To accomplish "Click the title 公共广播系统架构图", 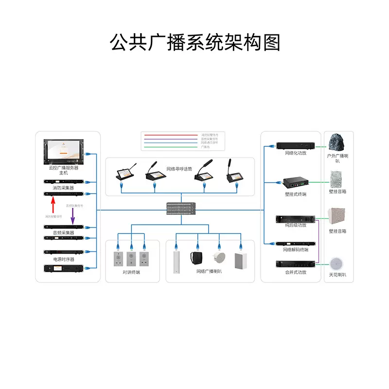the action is (194, 43).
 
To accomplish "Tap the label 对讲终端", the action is (131, 272).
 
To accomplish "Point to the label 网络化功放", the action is (295, 153).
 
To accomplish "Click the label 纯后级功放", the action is (295, 226).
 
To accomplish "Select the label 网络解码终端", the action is (295, 249).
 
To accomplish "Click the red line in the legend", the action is (170, 134).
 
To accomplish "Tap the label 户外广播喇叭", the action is (337, 158).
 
